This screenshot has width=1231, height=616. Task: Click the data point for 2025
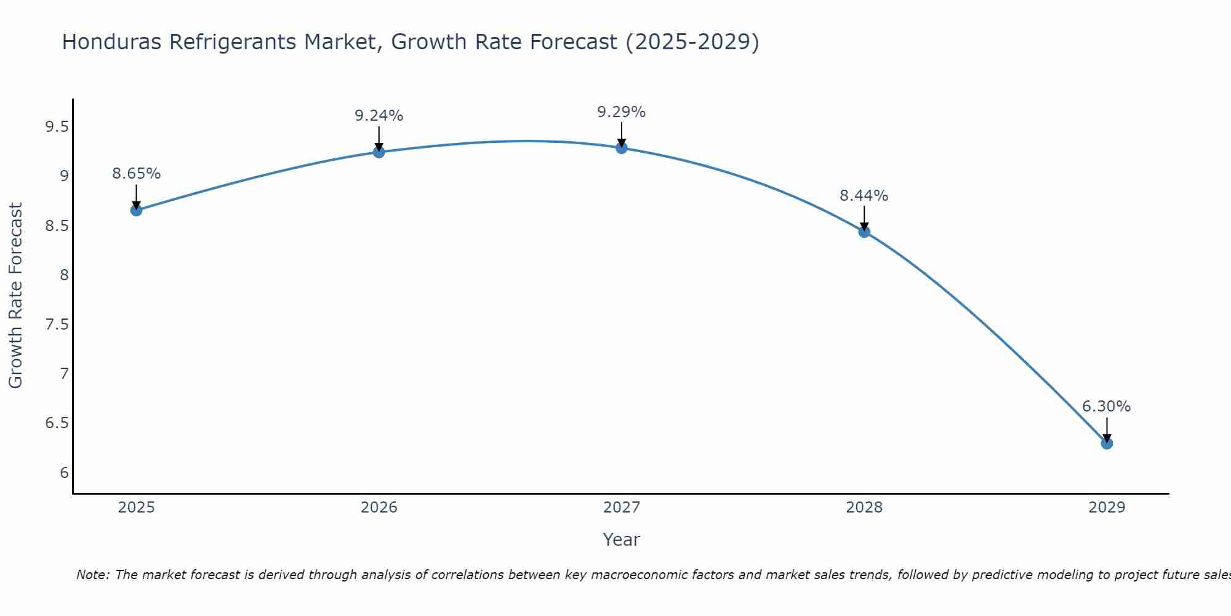[136, 210]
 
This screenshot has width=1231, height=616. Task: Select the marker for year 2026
[379, 152]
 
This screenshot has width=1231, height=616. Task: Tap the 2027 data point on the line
[621, 147]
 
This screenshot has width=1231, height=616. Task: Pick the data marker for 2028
[864, 232]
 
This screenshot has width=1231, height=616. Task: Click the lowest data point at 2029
[1106, 443]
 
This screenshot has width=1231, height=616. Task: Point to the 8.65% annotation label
[136, 174]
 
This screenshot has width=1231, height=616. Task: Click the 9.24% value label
[379, 116]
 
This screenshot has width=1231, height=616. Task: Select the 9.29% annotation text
[621, 112]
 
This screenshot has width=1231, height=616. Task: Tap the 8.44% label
[864, 196]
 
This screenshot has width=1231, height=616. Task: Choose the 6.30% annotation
[1106, 407]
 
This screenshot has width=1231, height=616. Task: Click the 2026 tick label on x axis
[379, 508]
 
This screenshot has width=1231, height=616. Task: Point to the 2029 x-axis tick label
[1106, 508]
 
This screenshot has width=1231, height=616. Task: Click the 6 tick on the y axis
[64, 473]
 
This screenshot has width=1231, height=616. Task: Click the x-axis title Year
[621, 540]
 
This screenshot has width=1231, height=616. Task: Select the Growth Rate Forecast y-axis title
[15, 296]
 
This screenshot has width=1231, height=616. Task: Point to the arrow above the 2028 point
[864, 218]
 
